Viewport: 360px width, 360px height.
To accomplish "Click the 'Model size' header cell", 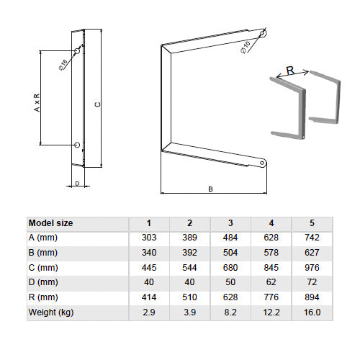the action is [50, 223].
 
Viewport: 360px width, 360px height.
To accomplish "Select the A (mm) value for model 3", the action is [230, 238].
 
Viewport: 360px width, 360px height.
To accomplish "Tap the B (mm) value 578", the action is [271, 253].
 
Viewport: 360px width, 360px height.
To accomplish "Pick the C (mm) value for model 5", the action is [312, 268].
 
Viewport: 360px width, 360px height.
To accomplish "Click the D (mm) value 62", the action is [271, 282].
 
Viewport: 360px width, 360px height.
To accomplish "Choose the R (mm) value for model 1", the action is [149, 297].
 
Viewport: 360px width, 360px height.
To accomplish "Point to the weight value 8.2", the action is [230, 312].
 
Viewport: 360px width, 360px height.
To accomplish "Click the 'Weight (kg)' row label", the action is [51, 312].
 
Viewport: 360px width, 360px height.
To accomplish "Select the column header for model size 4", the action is [271, 223].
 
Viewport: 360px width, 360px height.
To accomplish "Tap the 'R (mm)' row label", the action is [43, 297].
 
